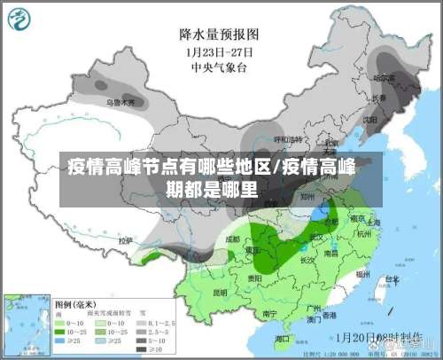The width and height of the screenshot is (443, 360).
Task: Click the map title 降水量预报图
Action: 219,35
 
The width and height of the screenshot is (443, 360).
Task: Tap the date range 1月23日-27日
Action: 218,51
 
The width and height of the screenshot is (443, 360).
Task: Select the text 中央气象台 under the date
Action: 218,65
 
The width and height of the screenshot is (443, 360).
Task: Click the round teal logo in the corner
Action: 20,20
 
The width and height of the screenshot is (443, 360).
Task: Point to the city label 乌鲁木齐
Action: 120,103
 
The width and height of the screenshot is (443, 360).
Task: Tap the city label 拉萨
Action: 126,240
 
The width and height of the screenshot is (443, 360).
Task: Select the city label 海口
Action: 283,338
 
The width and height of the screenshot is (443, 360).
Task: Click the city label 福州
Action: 361,275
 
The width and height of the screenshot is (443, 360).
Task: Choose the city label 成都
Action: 232,239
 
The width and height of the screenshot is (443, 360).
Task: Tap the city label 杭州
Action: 365,233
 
